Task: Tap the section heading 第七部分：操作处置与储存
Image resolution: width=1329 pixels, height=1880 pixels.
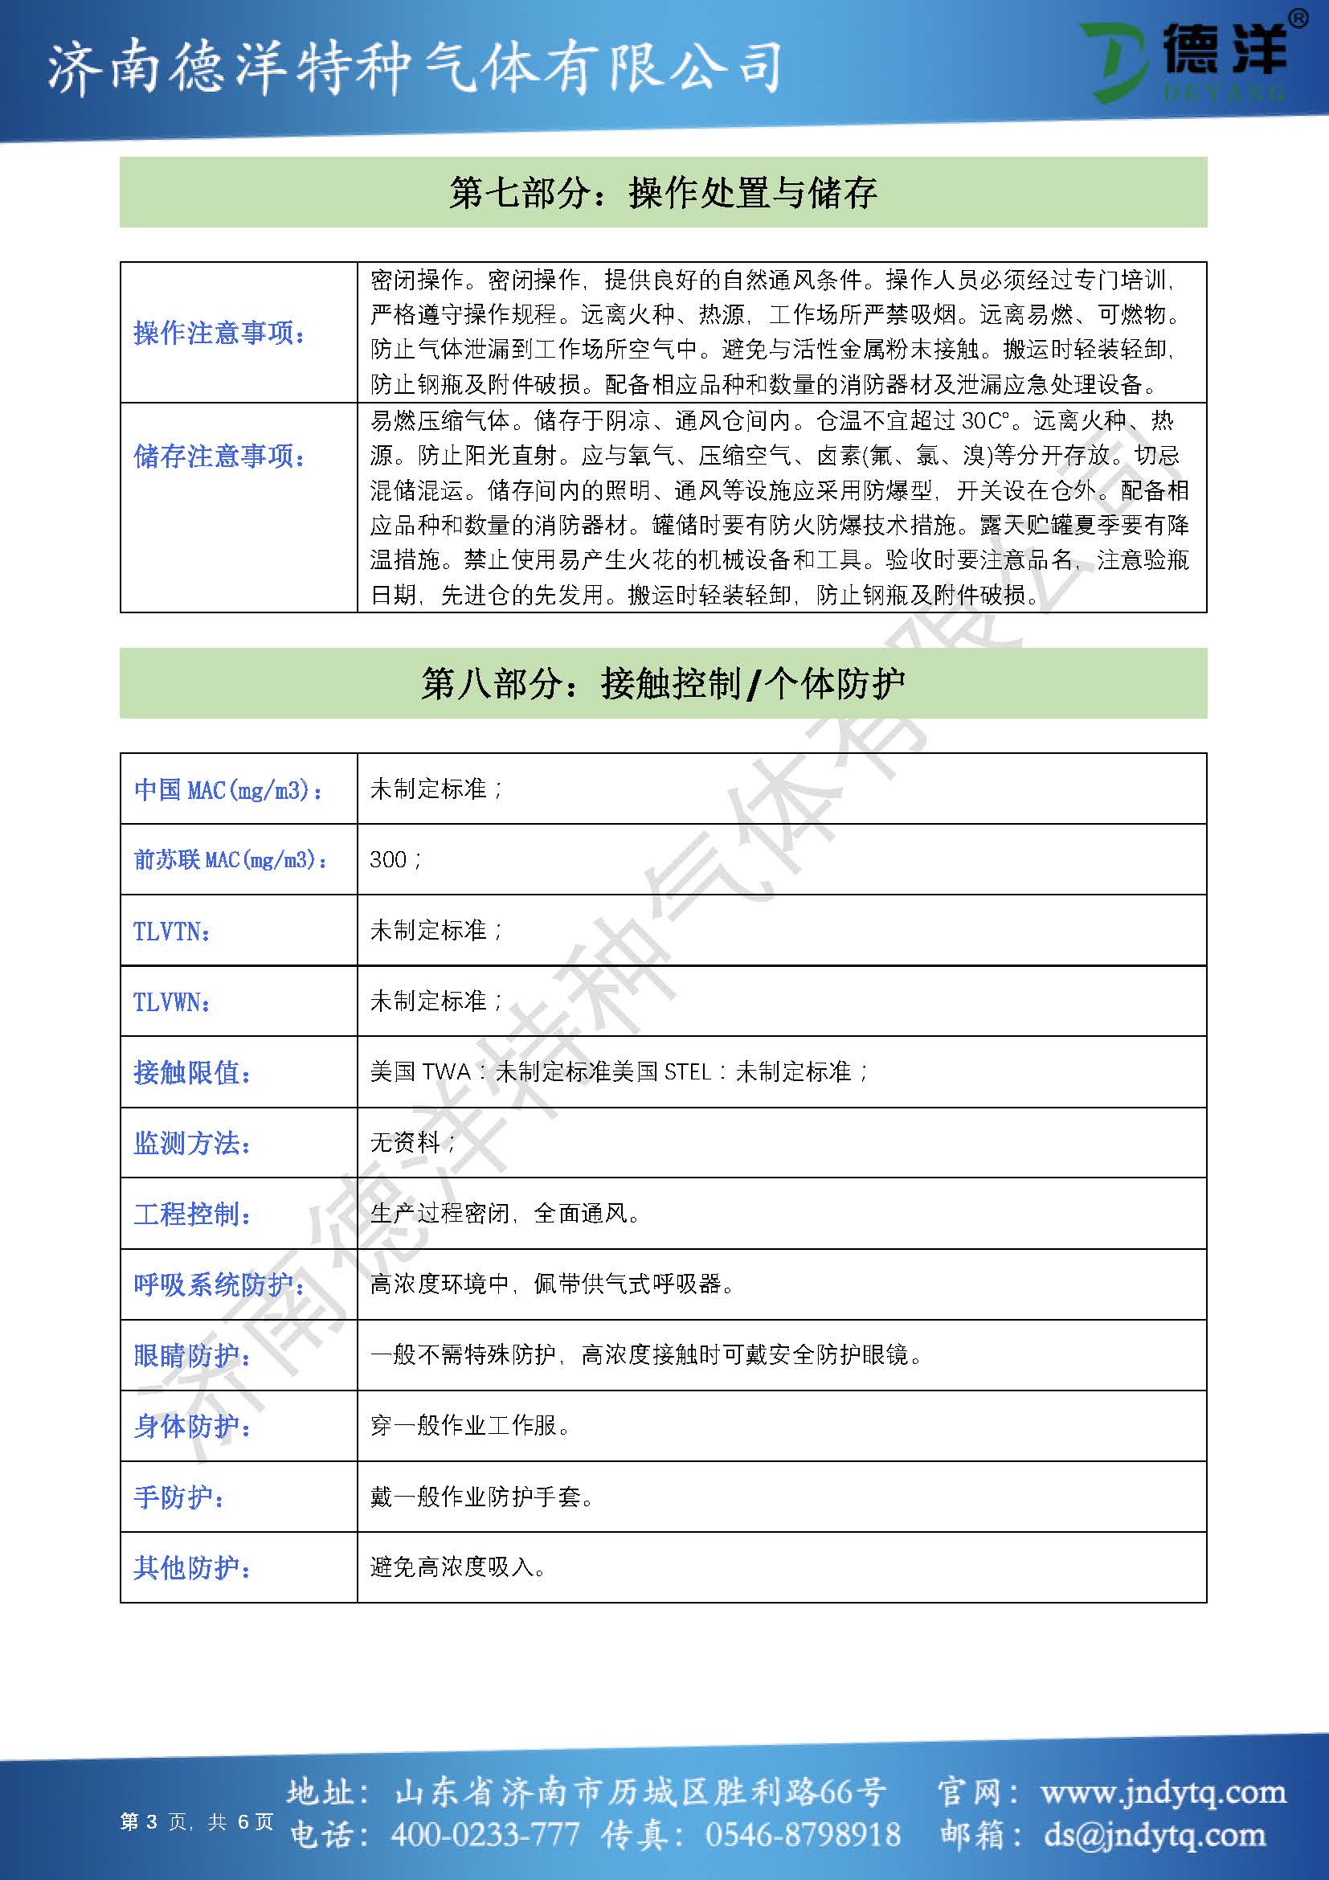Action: tap(663, 193)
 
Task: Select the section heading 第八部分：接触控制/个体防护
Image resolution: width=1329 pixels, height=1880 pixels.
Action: tap(663, 684)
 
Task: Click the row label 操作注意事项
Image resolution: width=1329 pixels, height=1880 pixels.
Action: tap(219, 334)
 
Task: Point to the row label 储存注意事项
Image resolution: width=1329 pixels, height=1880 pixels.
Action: tap(219, 456)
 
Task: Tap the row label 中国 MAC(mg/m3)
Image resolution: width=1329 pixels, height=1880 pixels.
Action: tap(228, 789)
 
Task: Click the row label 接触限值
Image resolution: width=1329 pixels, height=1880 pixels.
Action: tap(192, 1072)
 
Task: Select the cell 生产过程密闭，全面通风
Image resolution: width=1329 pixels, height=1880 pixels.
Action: tap(505, 1213)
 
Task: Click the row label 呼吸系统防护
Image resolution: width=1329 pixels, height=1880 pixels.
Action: tap(219, 1284)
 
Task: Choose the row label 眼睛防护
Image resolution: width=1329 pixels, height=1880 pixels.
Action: tap(192, 1355)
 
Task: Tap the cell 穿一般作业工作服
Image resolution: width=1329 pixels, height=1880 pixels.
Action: tap(470, 1426)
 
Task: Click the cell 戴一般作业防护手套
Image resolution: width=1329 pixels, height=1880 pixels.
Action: tap(482, 1497)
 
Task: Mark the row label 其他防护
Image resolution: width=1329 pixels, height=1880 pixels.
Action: tap(192, 1567)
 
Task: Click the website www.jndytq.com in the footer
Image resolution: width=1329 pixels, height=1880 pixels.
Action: tap(1163, 1792)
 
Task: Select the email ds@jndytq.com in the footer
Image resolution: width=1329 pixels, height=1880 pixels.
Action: tap(1154, 1835)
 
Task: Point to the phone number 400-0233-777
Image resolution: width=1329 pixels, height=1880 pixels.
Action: tap(485, 1835)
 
